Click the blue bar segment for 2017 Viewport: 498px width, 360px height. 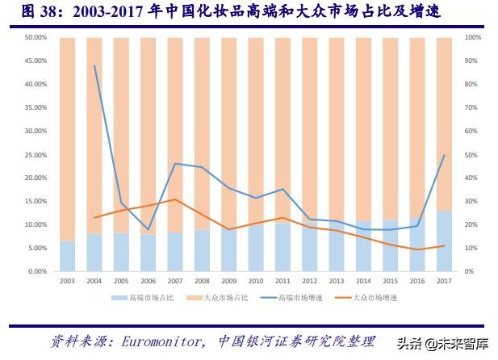point(442,241)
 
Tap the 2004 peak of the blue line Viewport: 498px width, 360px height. point(94,65)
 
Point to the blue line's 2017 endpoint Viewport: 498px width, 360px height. point(442,155)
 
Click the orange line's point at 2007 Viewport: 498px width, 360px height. point(175,199)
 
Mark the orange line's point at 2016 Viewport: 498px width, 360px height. point(417,249)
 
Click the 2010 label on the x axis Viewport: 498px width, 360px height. point(255,280)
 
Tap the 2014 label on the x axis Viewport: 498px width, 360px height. point(362,280)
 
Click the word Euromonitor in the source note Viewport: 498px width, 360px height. point(157,340)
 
